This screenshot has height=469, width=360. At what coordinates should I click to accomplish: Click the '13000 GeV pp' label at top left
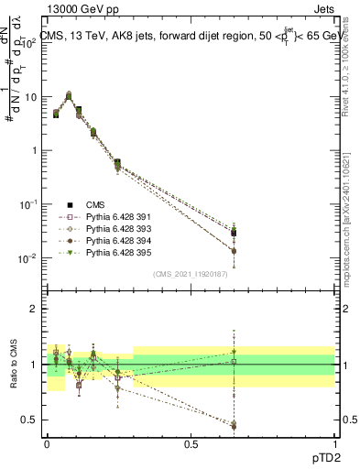[81, 10]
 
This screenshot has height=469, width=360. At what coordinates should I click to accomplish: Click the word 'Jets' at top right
[322, 10]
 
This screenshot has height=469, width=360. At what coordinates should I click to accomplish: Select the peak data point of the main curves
[69, 95]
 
